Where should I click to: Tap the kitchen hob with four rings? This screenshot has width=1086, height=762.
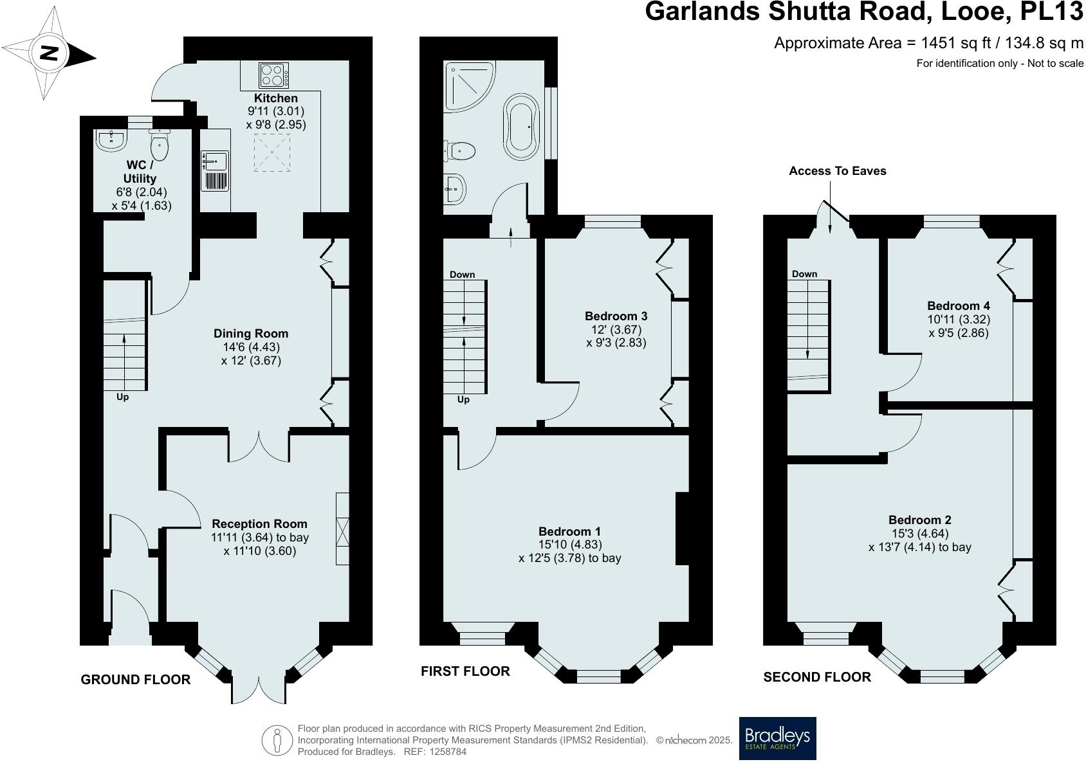click(x=273, y=75)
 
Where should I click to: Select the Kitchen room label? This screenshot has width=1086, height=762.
click(x=275, y=98)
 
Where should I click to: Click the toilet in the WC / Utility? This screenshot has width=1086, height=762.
click(x=160, y=145)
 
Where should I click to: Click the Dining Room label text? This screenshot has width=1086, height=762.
click(x=251, y=333)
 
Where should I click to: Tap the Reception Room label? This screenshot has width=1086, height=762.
click(x=259, y=523)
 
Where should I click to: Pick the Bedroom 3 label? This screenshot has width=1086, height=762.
click(x=616, y=316)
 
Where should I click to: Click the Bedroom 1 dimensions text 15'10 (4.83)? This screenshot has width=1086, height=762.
click(x=569, y=545)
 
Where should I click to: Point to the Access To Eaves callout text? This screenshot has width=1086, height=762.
click(x=837, y=171)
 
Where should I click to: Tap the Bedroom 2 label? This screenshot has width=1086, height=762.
click(x=919, y=520)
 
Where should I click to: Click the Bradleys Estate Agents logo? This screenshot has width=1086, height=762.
click(x=777, y=738)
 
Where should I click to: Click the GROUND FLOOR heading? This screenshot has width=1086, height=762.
click(x=135, y=680)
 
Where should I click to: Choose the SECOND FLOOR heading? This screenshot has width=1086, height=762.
click(x=816, y=677)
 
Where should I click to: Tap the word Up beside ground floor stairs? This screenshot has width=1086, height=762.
click(x=122, y=397)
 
